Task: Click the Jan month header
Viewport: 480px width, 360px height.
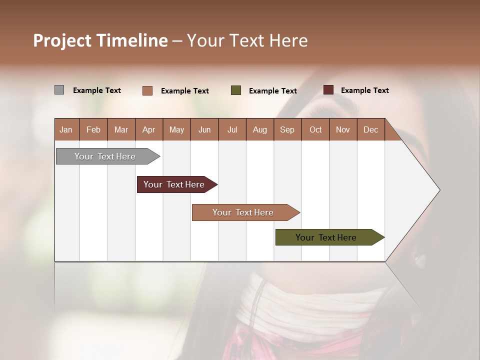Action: coord(66,129)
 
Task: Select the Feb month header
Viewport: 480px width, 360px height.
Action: coord(93,129)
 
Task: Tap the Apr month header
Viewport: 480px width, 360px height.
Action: coord(149,129)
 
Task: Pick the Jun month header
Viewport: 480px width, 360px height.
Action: coord(204,129)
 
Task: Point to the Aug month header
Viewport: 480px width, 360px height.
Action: coord(260,129)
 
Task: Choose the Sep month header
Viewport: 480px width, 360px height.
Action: coord(287,129)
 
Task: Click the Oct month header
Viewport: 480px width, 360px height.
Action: coord(315,129)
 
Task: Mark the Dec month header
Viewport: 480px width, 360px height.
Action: coord(371,129)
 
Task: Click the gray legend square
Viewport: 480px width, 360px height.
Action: coord(59,90)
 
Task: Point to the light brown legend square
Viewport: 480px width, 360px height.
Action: coord(147,90)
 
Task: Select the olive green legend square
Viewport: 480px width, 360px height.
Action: coord(236,90)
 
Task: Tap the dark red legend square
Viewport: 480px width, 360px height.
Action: coord(328,90)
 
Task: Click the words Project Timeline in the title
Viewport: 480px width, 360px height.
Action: coord(100,40)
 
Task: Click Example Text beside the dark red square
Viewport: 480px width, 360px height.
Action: coord(364,90)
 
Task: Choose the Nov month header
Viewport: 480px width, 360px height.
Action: coord(343,129)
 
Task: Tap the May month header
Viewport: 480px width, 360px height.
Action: coord(176,129)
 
